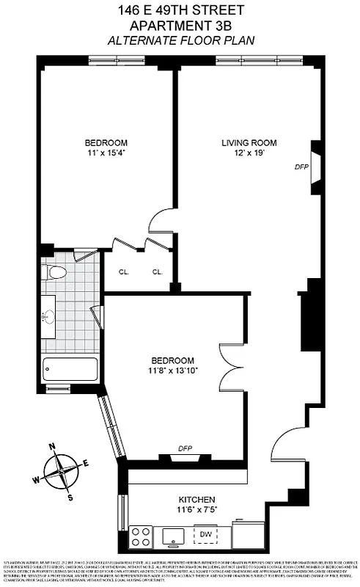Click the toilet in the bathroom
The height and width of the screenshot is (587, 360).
click(x=56, y=274)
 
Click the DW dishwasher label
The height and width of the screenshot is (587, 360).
click(x=207, y=534)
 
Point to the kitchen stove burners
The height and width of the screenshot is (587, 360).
click(x=142, y=536)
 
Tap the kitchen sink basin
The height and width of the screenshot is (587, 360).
click(x=173, y=536)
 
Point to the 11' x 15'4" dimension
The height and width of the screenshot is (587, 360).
click(x=106, y=153)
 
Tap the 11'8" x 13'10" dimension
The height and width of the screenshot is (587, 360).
click(x=173, y=371)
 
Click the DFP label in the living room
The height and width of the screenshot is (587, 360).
click(x=301, y=167)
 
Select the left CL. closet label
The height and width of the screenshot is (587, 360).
click(x=124, y=272)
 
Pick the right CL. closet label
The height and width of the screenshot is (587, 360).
click(x=157, y=272)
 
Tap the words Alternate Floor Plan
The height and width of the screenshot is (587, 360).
click(x=180, y=41)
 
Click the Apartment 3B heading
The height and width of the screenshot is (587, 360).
click(x=180, y=26)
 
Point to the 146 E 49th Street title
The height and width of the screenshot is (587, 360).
click(x=180, y=10)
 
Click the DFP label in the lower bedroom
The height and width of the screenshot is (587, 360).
click(x=185, y=449)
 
